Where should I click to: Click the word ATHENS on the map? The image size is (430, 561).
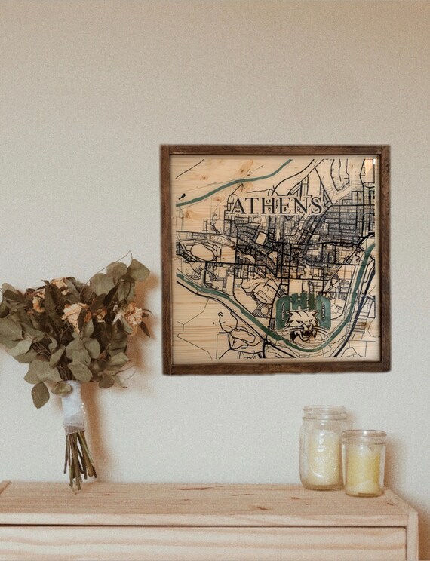pos(276,205)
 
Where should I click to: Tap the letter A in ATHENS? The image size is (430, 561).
pos(237,206)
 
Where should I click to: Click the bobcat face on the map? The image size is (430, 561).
pos(303,325)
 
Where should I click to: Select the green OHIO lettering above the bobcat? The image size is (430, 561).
pos(302,306)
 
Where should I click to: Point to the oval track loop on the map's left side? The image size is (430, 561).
pos(202,251)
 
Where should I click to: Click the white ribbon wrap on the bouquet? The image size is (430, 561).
pos(73,407)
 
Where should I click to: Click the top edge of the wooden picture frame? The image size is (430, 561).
pos(275,149)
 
